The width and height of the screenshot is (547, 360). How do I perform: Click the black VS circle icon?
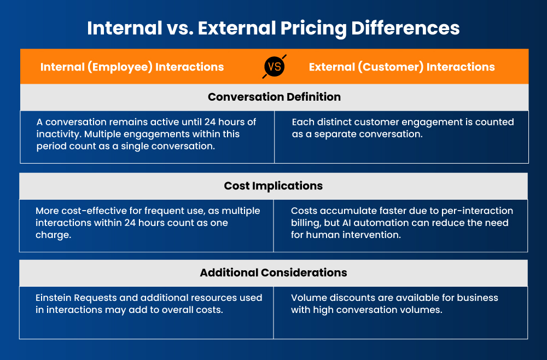[x=274, y=66]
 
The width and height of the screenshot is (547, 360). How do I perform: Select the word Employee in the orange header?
[x=120, y=67]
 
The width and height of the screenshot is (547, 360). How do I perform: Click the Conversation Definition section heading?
[x=274, y=97]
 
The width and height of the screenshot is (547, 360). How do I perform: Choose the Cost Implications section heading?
[x=273, y=185]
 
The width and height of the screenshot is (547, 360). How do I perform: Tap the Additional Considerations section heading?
[x=273, y=272]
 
